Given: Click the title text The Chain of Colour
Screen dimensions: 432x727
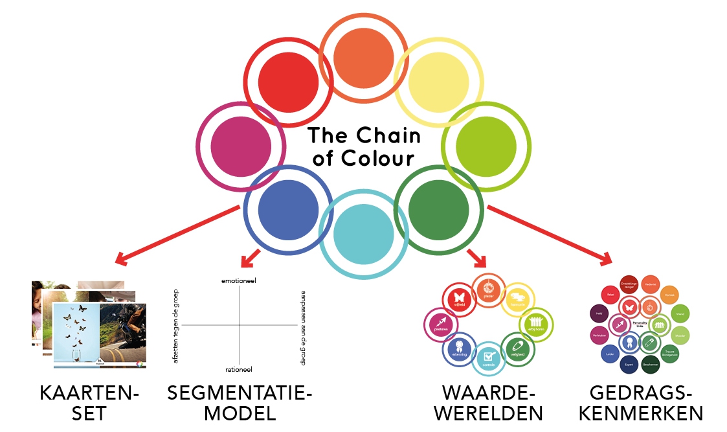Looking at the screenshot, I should pyautogui.click(x=363, y=147).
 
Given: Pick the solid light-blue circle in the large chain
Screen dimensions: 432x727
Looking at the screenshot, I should pyautogui.click(x=363, y=230).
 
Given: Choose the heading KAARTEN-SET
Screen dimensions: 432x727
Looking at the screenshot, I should pyautogui.click(x=89, y=403).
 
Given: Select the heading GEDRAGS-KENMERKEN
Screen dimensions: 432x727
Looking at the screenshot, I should pyautogui.click(x=646, y=403).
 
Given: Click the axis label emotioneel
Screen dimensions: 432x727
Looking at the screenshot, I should pyautogui.click(x=240, y=280).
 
